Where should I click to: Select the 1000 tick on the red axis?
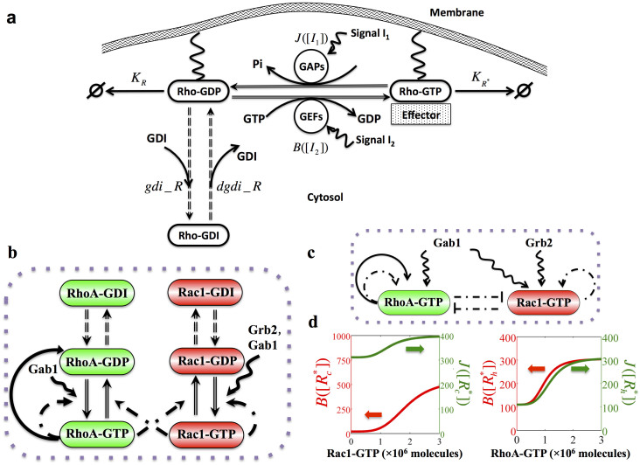(365, 337)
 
